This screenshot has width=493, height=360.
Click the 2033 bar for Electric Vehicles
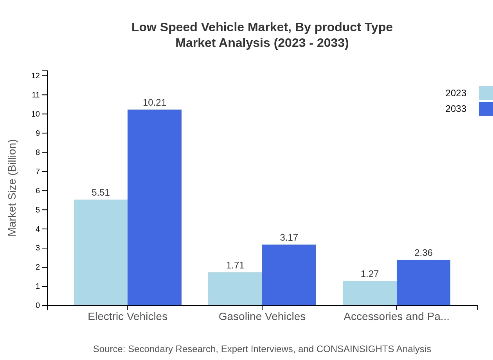(x=155, y=207)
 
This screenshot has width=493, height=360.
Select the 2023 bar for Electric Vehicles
(x=101, y=252)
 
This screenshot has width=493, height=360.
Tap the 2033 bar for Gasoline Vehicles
(x=289, y=275)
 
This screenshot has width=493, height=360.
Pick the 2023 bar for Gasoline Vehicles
(x=235, y=289)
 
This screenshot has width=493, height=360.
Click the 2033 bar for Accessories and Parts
(x=423, y=283)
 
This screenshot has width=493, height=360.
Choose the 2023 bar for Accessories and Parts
(x=370, y=293)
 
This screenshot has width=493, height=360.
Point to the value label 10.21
(x=155, y=103)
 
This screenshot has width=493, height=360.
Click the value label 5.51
(x=101, y=193)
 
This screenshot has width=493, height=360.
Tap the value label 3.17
(x=289, y=238)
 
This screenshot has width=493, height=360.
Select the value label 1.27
(x=370, y=274)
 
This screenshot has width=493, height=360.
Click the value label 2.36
(x=423, y=253)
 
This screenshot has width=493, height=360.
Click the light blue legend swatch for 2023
(x=486, y=93)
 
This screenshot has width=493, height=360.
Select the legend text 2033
(x=456, y=109)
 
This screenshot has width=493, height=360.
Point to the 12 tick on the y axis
(x=36, y=76)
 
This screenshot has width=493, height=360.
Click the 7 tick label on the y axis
(x=38, y=171)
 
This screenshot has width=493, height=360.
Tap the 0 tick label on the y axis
(x=38, y=306)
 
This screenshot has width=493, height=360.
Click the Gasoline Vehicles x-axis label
(x=262, y=316)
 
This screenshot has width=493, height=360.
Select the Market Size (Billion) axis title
(x=12, y=188)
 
